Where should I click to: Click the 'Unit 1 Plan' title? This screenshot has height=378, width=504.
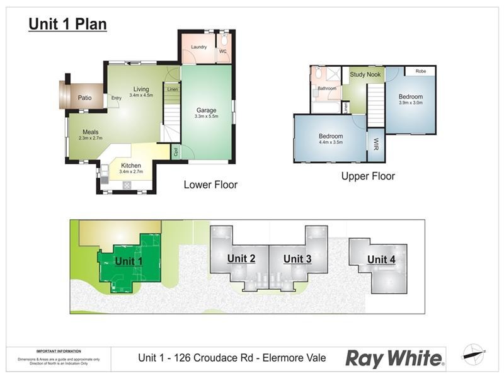67,25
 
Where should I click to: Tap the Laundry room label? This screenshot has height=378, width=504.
199,47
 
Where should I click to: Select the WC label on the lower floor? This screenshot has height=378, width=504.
222,52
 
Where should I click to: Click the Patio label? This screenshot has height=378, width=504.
85,98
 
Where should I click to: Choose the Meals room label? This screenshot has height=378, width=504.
90,132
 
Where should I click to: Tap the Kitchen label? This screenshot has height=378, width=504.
131,166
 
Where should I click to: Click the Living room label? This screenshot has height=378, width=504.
141,89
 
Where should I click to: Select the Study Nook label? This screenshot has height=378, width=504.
366,75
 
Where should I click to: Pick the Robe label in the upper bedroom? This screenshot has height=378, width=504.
421,71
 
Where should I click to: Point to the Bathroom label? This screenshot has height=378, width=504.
327,89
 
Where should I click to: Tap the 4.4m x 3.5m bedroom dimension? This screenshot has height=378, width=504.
331,142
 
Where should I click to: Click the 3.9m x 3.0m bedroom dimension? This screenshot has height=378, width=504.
411,102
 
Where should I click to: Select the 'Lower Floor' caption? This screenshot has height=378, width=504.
210,185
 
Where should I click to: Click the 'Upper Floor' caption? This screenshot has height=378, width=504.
368,176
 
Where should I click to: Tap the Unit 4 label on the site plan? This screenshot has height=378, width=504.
377,260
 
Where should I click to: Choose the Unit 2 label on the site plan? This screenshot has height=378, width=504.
241,258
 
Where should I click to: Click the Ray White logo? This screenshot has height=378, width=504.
395,358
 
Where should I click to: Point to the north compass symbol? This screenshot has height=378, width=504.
473,354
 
